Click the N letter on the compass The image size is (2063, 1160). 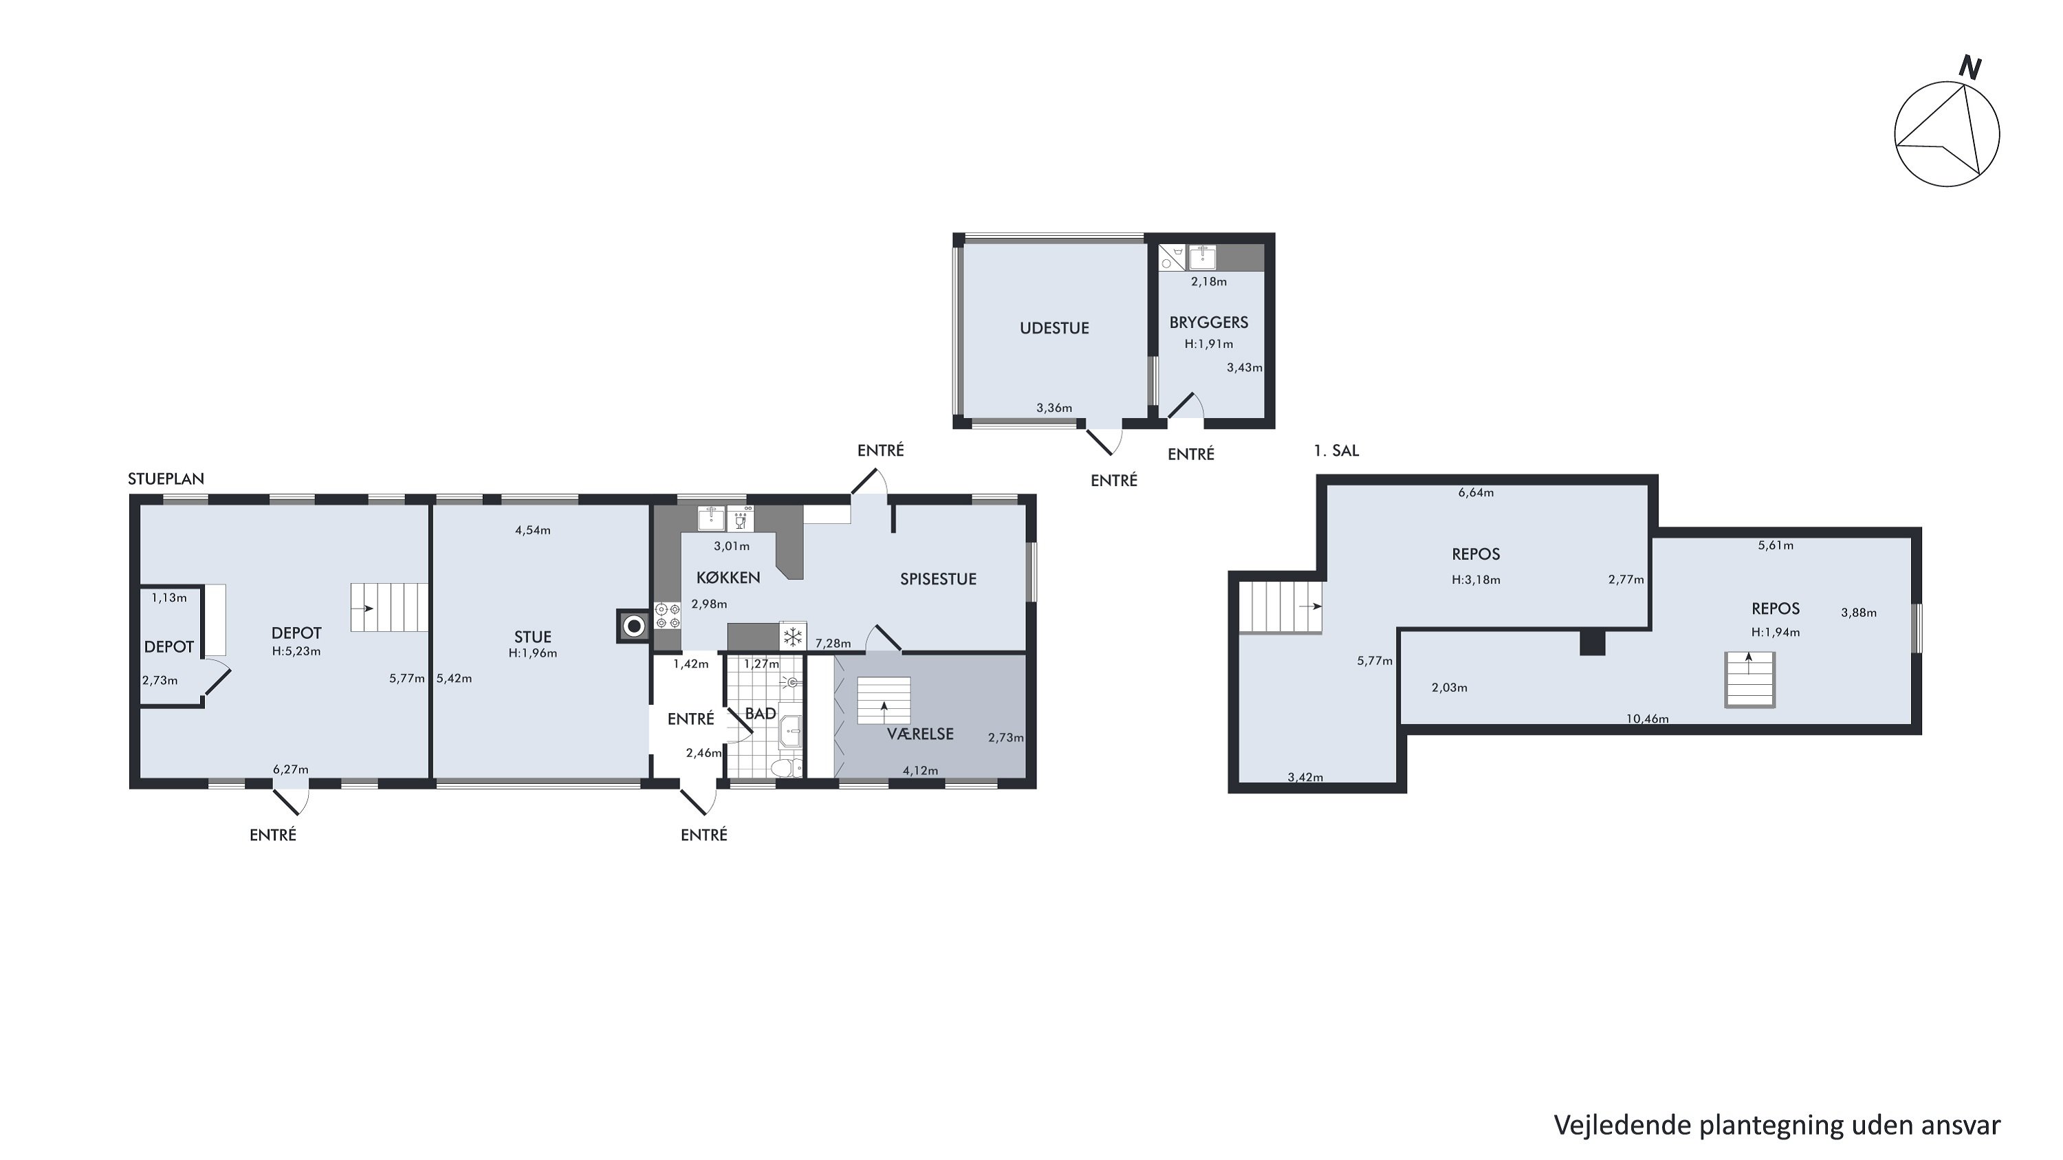click(x=1970, y=68)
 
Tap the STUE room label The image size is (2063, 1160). click(x=532, y=637)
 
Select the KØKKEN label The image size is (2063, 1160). click(x=728, y=577)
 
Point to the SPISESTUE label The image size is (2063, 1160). click(x=938, y=579)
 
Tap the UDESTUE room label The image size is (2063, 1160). click(x=1054, y=328)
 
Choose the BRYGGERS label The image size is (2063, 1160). click(x=1208, y=322)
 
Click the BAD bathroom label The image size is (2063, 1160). click(x=760, y=713)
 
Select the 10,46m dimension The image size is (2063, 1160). click(x=1648, y=719)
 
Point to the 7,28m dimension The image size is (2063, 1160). click(x=833, y=644)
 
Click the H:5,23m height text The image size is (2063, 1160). click(x=296, y=652)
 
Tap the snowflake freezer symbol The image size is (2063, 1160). click(x=793, y=637)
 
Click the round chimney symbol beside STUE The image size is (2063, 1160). click(x=633, y=626)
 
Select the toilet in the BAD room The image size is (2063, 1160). click(x=785, y=768)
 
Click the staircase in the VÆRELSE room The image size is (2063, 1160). click(x=884, y=701)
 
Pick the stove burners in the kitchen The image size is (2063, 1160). click(x=668, y=615)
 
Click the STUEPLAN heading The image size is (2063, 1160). click(x=166, y=479)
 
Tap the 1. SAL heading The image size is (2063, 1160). click(x=1336, y=450)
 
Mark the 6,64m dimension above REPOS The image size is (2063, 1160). click(x=1476, y=493)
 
